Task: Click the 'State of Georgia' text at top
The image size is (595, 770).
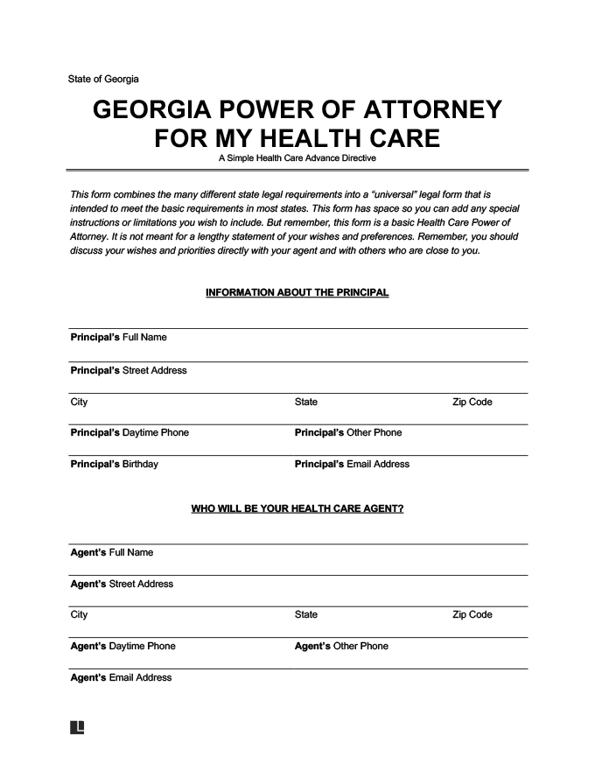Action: point(103,79)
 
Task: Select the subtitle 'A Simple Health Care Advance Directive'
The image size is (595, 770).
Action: point(297,158)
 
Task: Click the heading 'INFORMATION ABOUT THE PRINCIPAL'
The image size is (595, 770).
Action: point(297,292)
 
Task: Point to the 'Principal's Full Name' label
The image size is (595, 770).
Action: point(118,338)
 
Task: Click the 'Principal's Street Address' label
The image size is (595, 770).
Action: point(129,370)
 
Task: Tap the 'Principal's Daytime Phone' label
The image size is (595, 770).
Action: point(129,432)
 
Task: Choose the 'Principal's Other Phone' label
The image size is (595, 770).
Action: point(348,432)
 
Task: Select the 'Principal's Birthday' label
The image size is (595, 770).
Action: point(115,464)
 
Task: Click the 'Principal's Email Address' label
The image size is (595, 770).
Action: point(352,464)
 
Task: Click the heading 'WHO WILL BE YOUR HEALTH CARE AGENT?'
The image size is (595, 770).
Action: point(297,508)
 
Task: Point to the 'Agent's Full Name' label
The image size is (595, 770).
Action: point(111,552)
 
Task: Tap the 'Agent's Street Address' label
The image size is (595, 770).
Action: point(122,584)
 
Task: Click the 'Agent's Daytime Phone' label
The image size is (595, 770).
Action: point(122,646)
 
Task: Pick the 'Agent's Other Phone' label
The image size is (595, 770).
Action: point(341,646)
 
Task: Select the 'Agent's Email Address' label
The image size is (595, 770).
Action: point(121,677)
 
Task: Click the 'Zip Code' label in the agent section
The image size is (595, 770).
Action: point(472,614)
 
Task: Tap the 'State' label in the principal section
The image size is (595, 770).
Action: point(306,402)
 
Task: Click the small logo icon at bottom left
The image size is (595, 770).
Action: point(77,728)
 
